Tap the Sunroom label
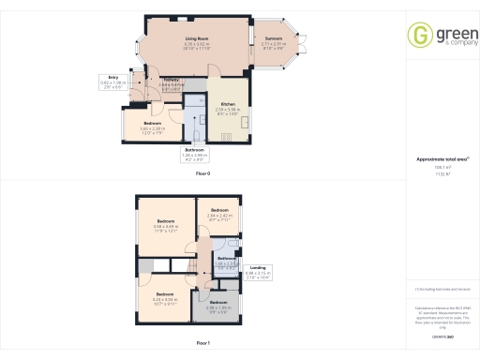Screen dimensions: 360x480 [274, 44]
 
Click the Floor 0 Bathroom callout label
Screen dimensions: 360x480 [194, 154]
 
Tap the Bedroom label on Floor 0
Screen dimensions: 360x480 [153, 126]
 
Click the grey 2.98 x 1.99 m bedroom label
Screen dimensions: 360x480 [218, 304]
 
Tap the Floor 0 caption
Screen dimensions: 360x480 [202, 174]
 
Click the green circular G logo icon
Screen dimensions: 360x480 [417, 36]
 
